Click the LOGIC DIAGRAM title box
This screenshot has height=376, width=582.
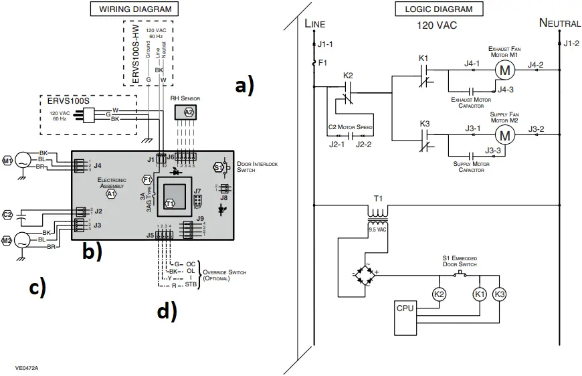(x=439, y=9)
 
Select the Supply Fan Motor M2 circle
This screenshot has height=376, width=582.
(x=505, y=134)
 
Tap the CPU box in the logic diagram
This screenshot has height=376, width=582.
(x=405, y=308)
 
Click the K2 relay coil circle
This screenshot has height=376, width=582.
(x=439, y=294)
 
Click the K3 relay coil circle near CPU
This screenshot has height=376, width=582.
(x=500, y=294)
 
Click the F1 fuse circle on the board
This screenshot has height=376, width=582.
(x=148, y=179)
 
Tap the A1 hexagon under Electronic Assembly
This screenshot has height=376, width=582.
(x=112, y=193)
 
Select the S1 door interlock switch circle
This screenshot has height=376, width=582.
(x=219, y=167)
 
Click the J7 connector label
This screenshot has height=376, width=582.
(x=197, y=191)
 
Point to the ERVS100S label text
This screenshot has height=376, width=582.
(x=68, y=100)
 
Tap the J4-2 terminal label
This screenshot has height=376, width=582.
(x=537, y=65)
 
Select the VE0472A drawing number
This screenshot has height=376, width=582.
(x=27, y=367)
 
